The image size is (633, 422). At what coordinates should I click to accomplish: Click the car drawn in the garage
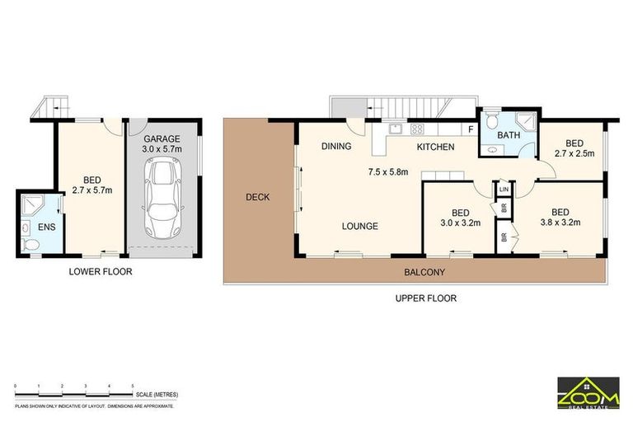(162, 197)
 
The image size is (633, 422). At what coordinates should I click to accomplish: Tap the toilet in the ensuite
(27, 245)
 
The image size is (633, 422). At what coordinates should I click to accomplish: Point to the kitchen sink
(396, 129)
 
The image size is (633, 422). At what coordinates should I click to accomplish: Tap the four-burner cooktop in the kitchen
(416, 129)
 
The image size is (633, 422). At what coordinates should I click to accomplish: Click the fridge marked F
(470, 129)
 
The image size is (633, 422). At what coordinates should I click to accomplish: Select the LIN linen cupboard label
(504, 190)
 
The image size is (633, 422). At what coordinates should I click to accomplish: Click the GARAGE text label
(162, 139)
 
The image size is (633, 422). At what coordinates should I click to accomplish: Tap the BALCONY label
(424, 272)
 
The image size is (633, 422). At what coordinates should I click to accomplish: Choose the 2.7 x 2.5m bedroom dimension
(568, 152)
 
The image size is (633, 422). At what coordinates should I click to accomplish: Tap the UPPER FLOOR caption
(425, 298)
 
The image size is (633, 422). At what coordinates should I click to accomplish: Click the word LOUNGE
(360, 226)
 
